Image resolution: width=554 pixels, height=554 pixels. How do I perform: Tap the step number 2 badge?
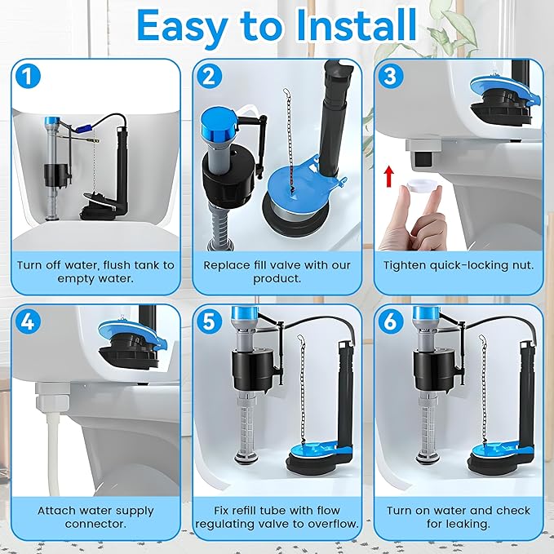(211, 78)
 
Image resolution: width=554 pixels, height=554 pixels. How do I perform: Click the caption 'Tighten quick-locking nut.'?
(458, 264)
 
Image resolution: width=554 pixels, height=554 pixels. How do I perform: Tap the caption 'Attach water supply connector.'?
(95, 516)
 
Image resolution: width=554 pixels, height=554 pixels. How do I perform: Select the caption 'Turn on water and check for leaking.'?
(458, 516)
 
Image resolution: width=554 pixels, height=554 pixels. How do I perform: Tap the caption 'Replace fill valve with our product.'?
(276, 271)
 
